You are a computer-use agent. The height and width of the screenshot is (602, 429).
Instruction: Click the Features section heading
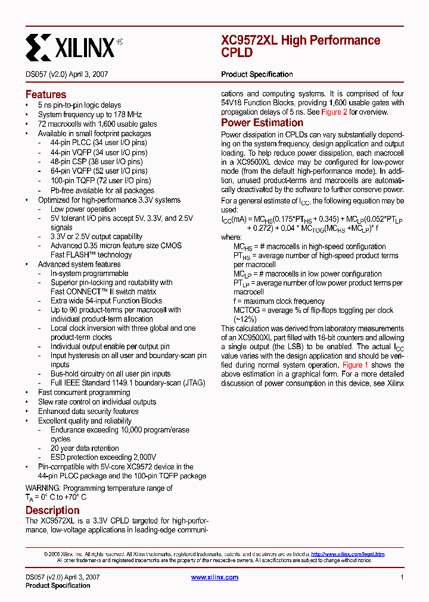point(46,95)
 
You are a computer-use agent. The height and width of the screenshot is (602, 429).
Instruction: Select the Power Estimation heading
point(262,123)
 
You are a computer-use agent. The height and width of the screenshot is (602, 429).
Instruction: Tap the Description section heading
point(52,510)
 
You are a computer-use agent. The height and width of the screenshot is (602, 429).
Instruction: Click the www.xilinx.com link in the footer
point(214,577)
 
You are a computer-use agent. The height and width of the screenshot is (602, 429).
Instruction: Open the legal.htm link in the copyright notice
point(347,554)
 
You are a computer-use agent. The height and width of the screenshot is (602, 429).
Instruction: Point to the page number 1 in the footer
point(402,577)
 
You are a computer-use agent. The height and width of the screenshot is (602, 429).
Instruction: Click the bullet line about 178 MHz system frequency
point(90,114)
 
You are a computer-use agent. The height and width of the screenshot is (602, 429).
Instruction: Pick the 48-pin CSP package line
point(97,161)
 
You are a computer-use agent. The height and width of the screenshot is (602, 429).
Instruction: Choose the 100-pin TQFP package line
point(101,180)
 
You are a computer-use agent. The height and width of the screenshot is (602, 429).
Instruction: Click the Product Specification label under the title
point(257,74)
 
